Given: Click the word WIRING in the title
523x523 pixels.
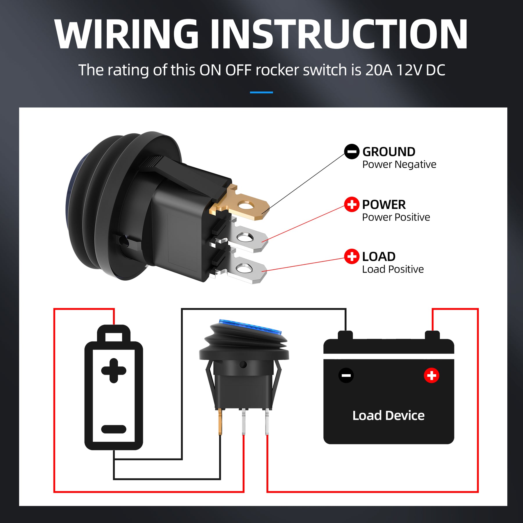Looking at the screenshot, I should click(126, 34).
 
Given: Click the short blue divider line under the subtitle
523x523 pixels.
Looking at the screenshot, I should click(261, 92).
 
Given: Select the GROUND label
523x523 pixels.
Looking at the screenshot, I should click(389, 152).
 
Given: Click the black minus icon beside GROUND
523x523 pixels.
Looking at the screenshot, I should click(352, 151).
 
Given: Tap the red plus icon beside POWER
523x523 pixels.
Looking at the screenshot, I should click(352, 205).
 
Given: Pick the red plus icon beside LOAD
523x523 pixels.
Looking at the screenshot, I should click(352, 256).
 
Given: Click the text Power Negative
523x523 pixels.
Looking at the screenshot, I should click(399, 164).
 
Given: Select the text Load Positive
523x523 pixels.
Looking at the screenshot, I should click(393, 269).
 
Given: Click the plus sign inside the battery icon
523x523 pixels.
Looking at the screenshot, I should click(114, 370).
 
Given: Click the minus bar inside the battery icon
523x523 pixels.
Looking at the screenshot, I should click(114, 429).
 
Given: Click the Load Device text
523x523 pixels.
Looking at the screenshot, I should click(388, 415).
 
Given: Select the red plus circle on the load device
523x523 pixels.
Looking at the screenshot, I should click(431, 375).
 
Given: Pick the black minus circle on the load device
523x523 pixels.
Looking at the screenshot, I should click(346, 375).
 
